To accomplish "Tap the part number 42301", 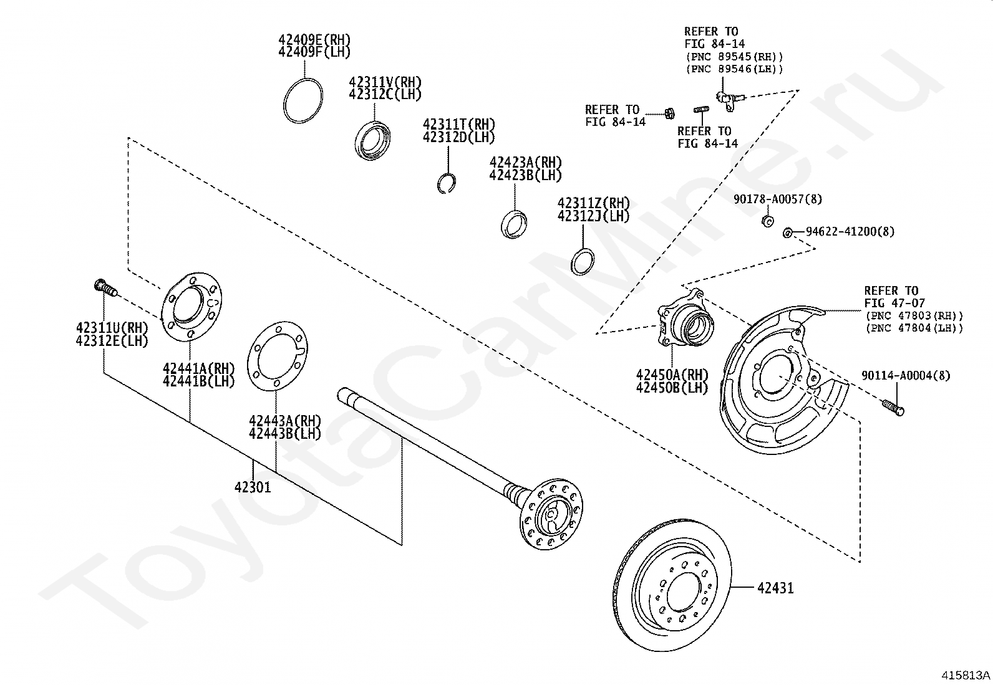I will tap(253, 487).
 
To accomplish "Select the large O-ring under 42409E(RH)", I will tap(303, 101).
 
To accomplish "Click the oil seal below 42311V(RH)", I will tap(373, 141).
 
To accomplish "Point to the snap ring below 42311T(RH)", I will tap(445, 183).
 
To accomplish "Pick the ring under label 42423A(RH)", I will tap(515, 224).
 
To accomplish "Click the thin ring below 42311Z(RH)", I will tap(583, 260).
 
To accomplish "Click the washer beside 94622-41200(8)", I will tap(787, 232).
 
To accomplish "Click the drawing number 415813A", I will tap(966, 675).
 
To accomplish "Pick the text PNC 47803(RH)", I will tap(914, 316).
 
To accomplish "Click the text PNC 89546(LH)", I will tap(734, 69).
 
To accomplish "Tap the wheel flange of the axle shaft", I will tap(553, 515).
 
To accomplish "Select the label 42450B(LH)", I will tap(672, 387).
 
